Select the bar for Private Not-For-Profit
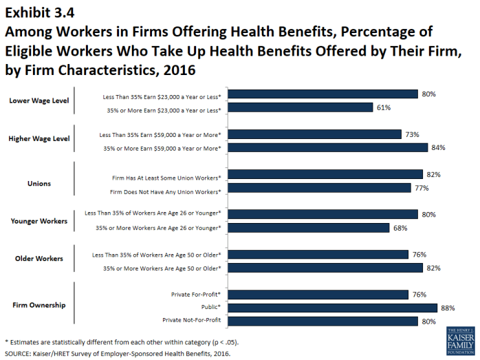point(323,321)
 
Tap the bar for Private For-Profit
point(318,295)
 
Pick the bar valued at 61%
point(300,107)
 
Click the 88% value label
point(447,308)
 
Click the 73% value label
point(412,134)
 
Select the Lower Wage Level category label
point(39,100)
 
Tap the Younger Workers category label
point(39,221)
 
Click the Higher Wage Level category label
point(39,138)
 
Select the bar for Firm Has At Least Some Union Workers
point(325,175)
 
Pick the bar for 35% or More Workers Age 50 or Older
point(325,268)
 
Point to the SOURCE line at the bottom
point(117,353)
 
